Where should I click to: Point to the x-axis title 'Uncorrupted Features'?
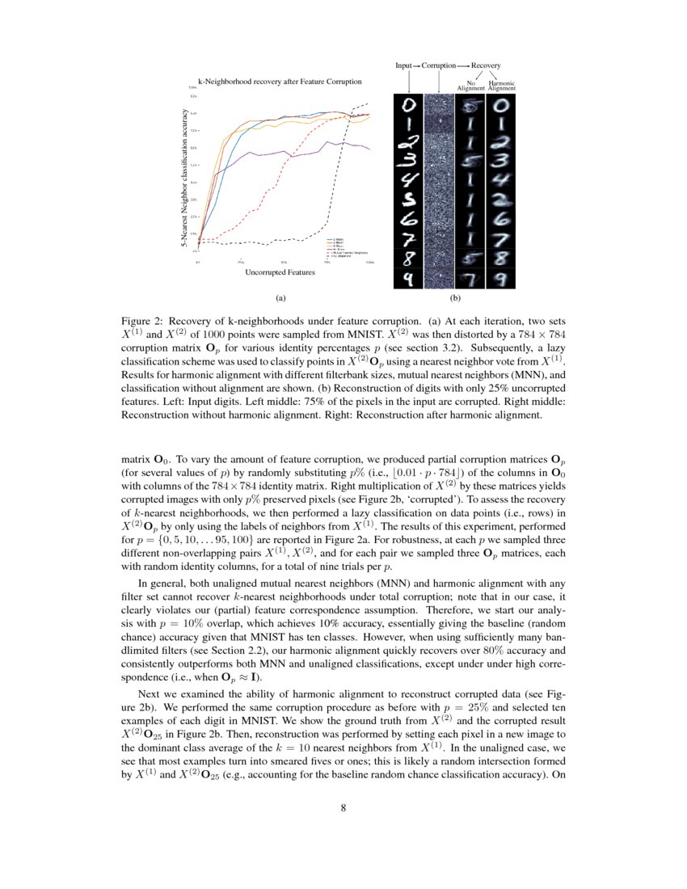pos(280,272)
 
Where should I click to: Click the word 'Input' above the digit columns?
pos(404,65)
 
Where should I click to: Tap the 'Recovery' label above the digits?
pos(486,65)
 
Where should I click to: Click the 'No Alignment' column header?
pos(470,85)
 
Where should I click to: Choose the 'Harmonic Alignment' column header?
pos(502,85)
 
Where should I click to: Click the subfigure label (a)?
pos(280,297)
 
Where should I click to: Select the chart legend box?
pos(346,246)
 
